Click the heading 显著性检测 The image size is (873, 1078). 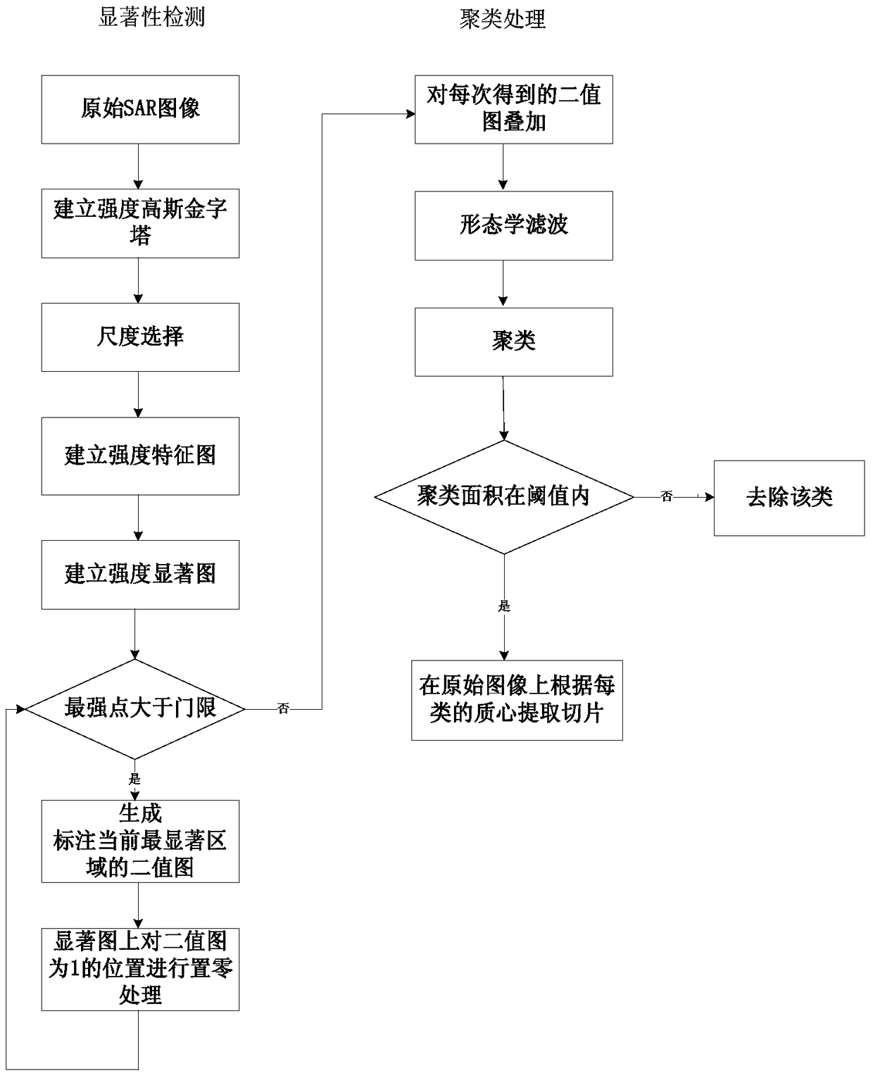click(x=151, y=16)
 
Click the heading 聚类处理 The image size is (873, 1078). click(x=503, y=19)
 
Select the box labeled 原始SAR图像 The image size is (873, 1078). click(x=140, y=109)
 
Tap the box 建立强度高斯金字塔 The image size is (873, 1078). click(x=140, y=223)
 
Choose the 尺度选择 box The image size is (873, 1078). click(x=140, y=337)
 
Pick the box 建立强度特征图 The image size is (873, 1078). click(x=140, y=456)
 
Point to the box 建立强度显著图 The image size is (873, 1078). click(x=140, y=574)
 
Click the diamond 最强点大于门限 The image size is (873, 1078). click(x=135, y=708)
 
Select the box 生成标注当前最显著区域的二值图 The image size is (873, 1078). click(x=140, y=841)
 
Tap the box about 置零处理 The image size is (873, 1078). click(x=140, y=969)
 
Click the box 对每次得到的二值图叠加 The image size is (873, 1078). click(x=513, y=109)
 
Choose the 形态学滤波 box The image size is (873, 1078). click(x=513, y=225)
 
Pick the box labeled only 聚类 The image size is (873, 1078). click(x=513, y=341)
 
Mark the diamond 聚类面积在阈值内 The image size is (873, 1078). click(x=504, y=497)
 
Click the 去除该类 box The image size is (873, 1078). click(x=789, y=498)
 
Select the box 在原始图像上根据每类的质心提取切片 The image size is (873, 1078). click(x=517, y=700)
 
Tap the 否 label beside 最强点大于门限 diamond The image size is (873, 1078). click(x=284, y=709)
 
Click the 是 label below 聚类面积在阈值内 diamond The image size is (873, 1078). click(x=504, y=606)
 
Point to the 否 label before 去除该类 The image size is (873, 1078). click(x=667, y=497)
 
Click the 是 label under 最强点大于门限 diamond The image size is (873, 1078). click(x=135, y=779)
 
